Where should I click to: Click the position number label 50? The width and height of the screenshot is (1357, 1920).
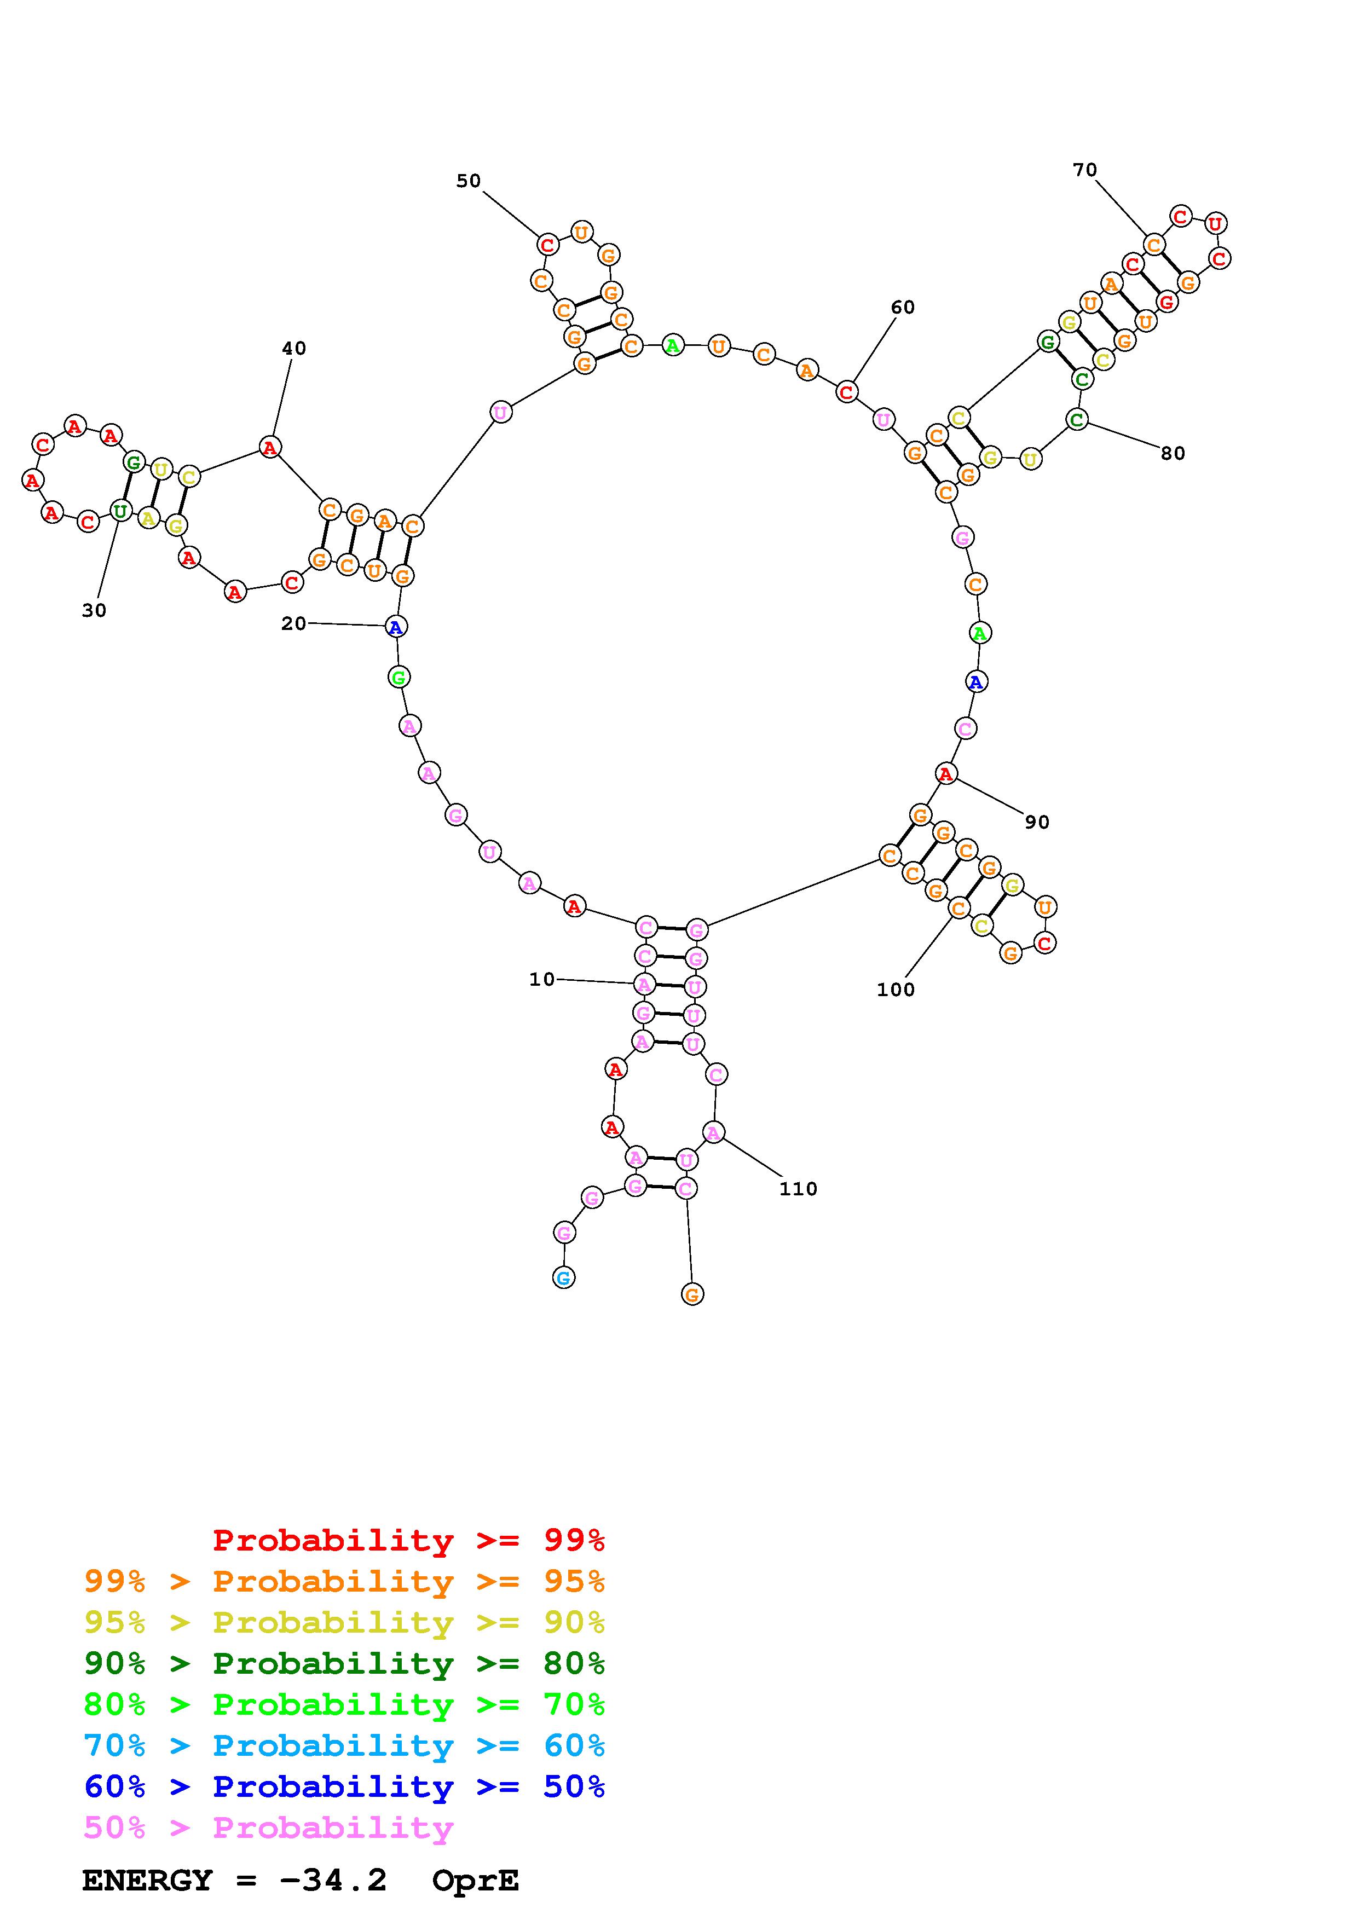(468, 181)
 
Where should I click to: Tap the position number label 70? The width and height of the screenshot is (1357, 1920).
(1084, 170)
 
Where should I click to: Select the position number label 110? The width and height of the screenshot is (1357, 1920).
(798, 1188)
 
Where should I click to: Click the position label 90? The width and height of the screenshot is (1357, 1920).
(1037, 822)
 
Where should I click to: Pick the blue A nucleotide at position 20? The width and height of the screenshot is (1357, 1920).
(396, 626)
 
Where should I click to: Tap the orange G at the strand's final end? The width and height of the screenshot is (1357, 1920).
(692, 1294)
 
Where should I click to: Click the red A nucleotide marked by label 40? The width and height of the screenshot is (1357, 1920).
(269, 447)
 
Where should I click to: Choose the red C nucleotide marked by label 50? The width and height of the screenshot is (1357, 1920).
(547, 245)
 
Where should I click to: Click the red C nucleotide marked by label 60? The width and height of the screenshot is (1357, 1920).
(847, 391)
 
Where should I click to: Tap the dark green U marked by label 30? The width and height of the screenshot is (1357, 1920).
(120, 510)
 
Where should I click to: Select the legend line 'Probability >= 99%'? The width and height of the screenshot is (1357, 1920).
(409, 1540)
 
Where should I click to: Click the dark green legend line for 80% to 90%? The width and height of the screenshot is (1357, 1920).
(344, 1663)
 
